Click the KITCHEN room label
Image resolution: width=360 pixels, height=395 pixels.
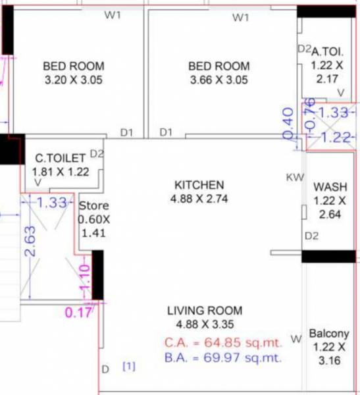(x=199, y=184)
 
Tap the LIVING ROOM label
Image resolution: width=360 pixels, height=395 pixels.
(x=205, y=311)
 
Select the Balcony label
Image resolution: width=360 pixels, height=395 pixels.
(x=328, y=334)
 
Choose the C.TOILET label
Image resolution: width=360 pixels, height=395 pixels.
(x=61, y=158)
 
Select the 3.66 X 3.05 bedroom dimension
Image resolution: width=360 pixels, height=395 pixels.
(x=219, y=81)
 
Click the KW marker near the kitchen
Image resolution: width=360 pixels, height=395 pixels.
(x=294, y=177)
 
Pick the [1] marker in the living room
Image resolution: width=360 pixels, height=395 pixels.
(x=129, y=367)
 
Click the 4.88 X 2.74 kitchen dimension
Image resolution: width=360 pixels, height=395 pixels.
(x=199, y=198)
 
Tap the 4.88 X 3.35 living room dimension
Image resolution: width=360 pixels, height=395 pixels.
(x=205, y=324)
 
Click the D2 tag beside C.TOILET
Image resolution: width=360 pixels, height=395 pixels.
(x=97, y=153)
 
